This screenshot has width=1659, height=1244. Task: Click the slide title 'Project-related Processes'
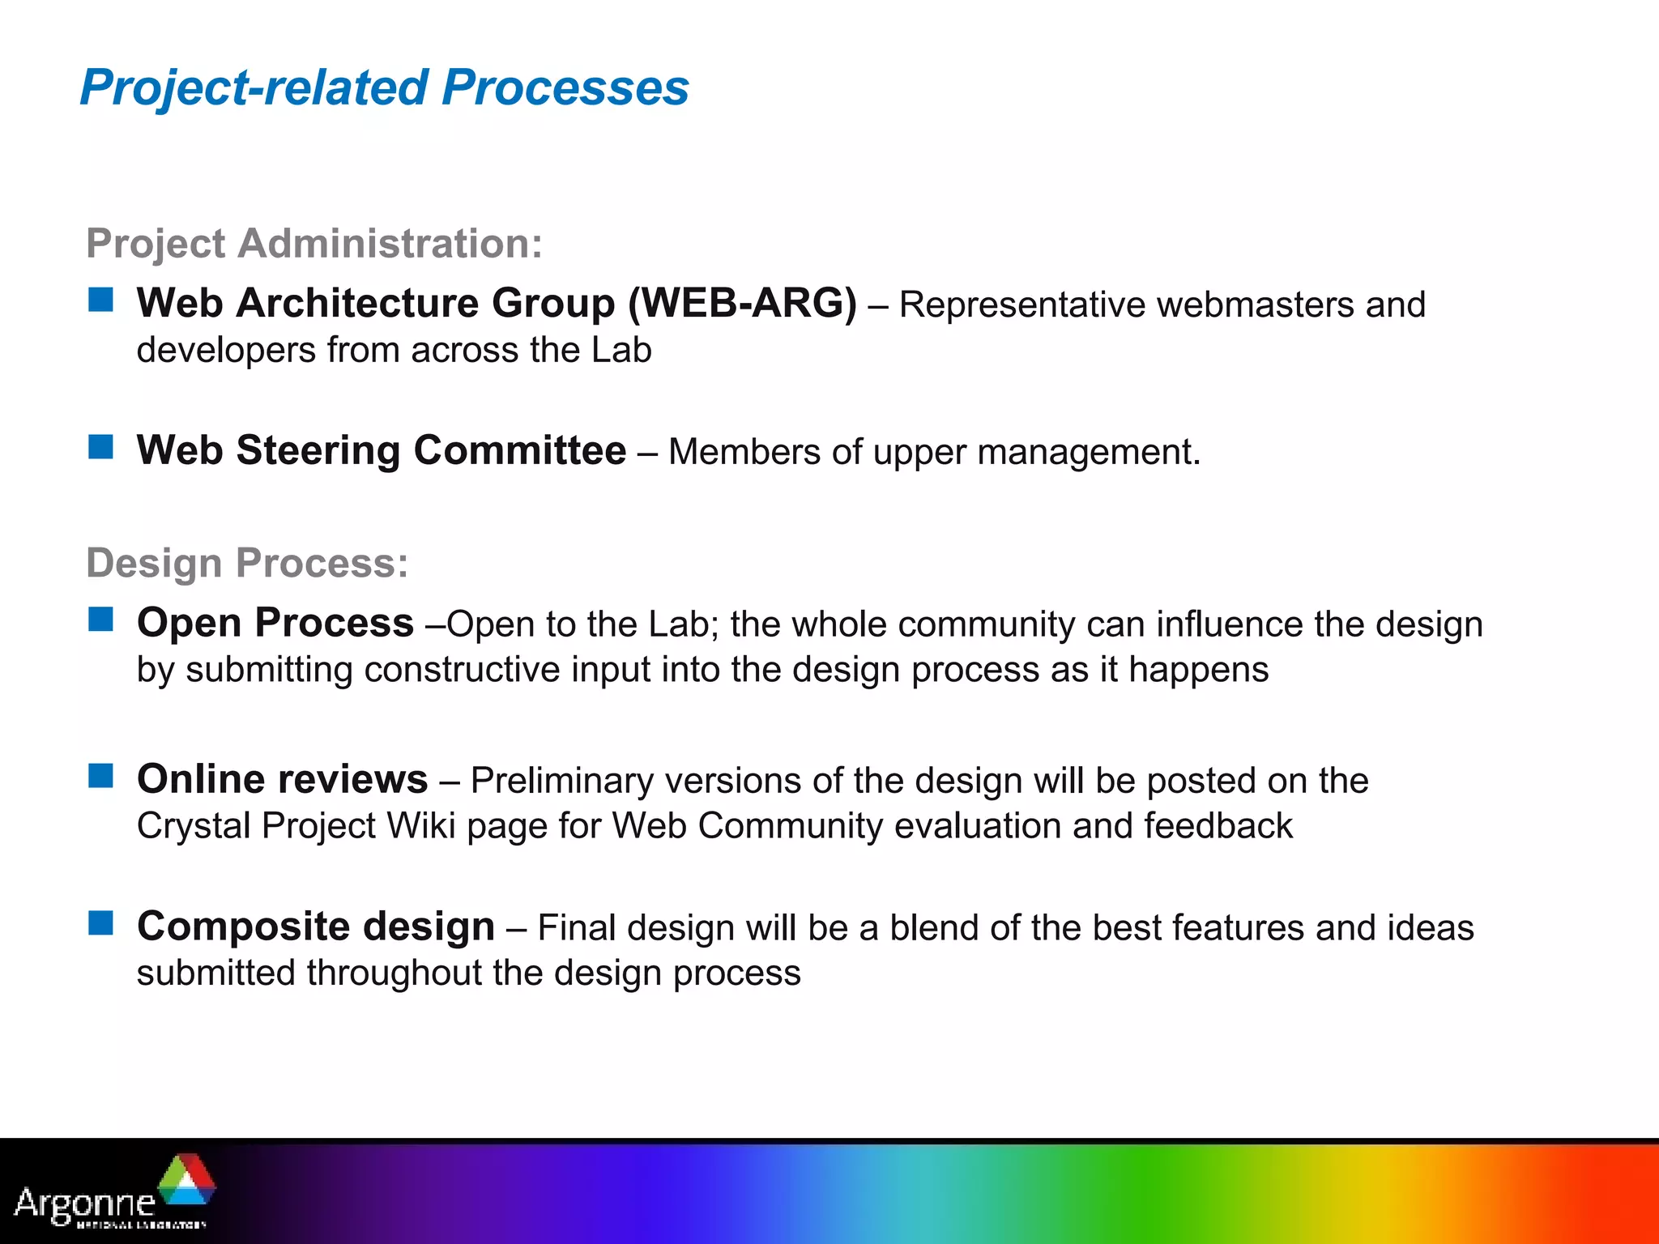coord(384,87)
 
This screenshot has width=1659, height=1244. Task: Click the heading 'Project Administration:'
coord(314,243)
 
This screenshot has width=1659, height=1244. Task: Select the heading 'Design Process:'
coord(247,562)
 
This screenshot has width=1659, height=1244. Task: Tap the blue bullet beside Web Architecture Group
coord(101,300)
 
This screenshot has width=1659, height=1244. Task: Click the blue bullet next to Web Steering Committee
coord(101,446)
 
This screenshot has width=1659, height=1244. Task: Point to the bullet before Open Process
coord(101,620)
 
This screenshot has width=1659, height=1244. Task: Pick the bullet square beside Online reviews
coord(101,776)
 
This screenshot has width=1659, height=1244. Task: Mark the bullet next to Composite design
coord(101,922)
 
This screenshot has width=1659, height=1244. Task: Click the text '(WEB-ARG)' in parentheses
coord(742,304)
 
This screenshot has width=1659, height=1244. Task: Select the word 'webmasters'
coord(1256,305)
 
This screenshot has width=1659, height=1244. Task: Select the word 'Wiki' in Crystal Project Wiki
coord(421,827)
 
